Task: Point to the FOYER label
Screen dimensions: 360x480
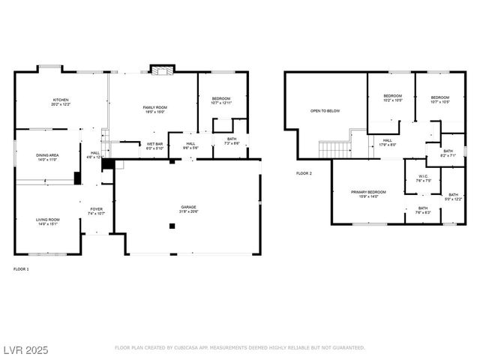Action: point(97,211)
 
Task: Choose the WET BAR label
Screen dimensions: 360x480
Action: point(155,145)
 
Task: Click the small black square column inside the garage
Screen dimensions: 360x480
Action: point(172,225)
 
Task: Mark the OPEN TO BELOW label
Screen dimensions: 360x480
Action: point(325,111)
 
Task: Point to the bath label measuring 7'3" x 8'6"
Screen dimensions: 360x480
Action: point(231,140)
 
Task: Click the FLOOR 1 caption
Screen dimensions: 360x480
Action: point(21,268)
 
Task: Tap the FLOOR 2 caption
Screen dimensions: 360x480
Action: point(304,173)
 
